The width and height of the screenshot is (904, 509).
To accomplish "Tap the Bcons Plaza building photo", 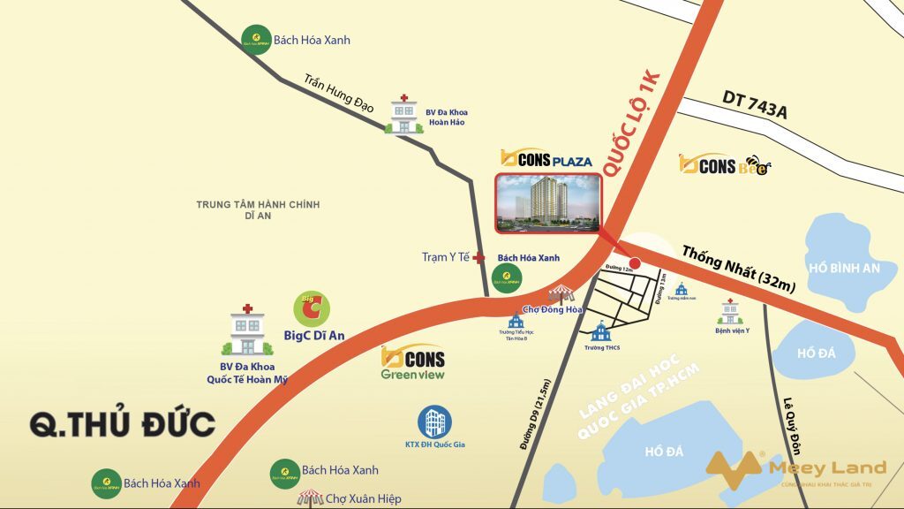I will [x=547, y=203].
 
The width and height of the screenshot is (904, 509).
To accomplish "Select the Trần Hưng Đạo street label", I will [x=338, y=93].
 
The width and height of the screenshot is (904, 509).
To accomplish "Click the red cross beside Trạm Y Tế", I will [x=478, y=258].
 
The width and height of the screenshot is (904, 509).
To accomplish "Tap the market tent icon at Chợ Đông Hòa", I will [x=561, y=294].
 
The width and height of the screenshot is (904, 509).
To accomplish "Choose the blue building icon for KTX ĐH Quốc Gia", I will [x=434, y=422].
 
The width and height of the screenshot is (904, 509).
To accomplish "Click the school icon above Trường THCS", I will [x=601, y=332].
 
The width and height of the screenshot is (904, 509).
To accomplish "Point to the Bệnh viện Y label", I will [x=732, y=331].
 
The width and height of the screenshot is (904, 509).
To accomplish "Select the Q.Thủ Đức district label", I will [x=123, y=424].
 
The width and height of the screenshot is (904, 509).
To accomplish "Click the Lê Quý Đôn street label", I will [x=790, y=424].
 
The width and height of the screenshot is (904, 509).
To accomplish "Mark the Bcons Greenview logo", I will [x=412, y=362].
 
